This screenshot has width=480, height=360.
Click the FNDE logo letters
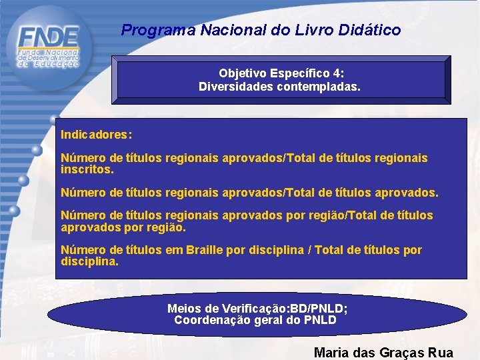49,36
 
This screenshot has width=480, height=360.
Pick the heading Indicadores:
97,135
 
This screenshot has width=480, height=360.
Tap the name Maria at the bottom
331,353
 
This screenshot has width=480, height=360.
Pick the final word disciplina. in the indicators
89,261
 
